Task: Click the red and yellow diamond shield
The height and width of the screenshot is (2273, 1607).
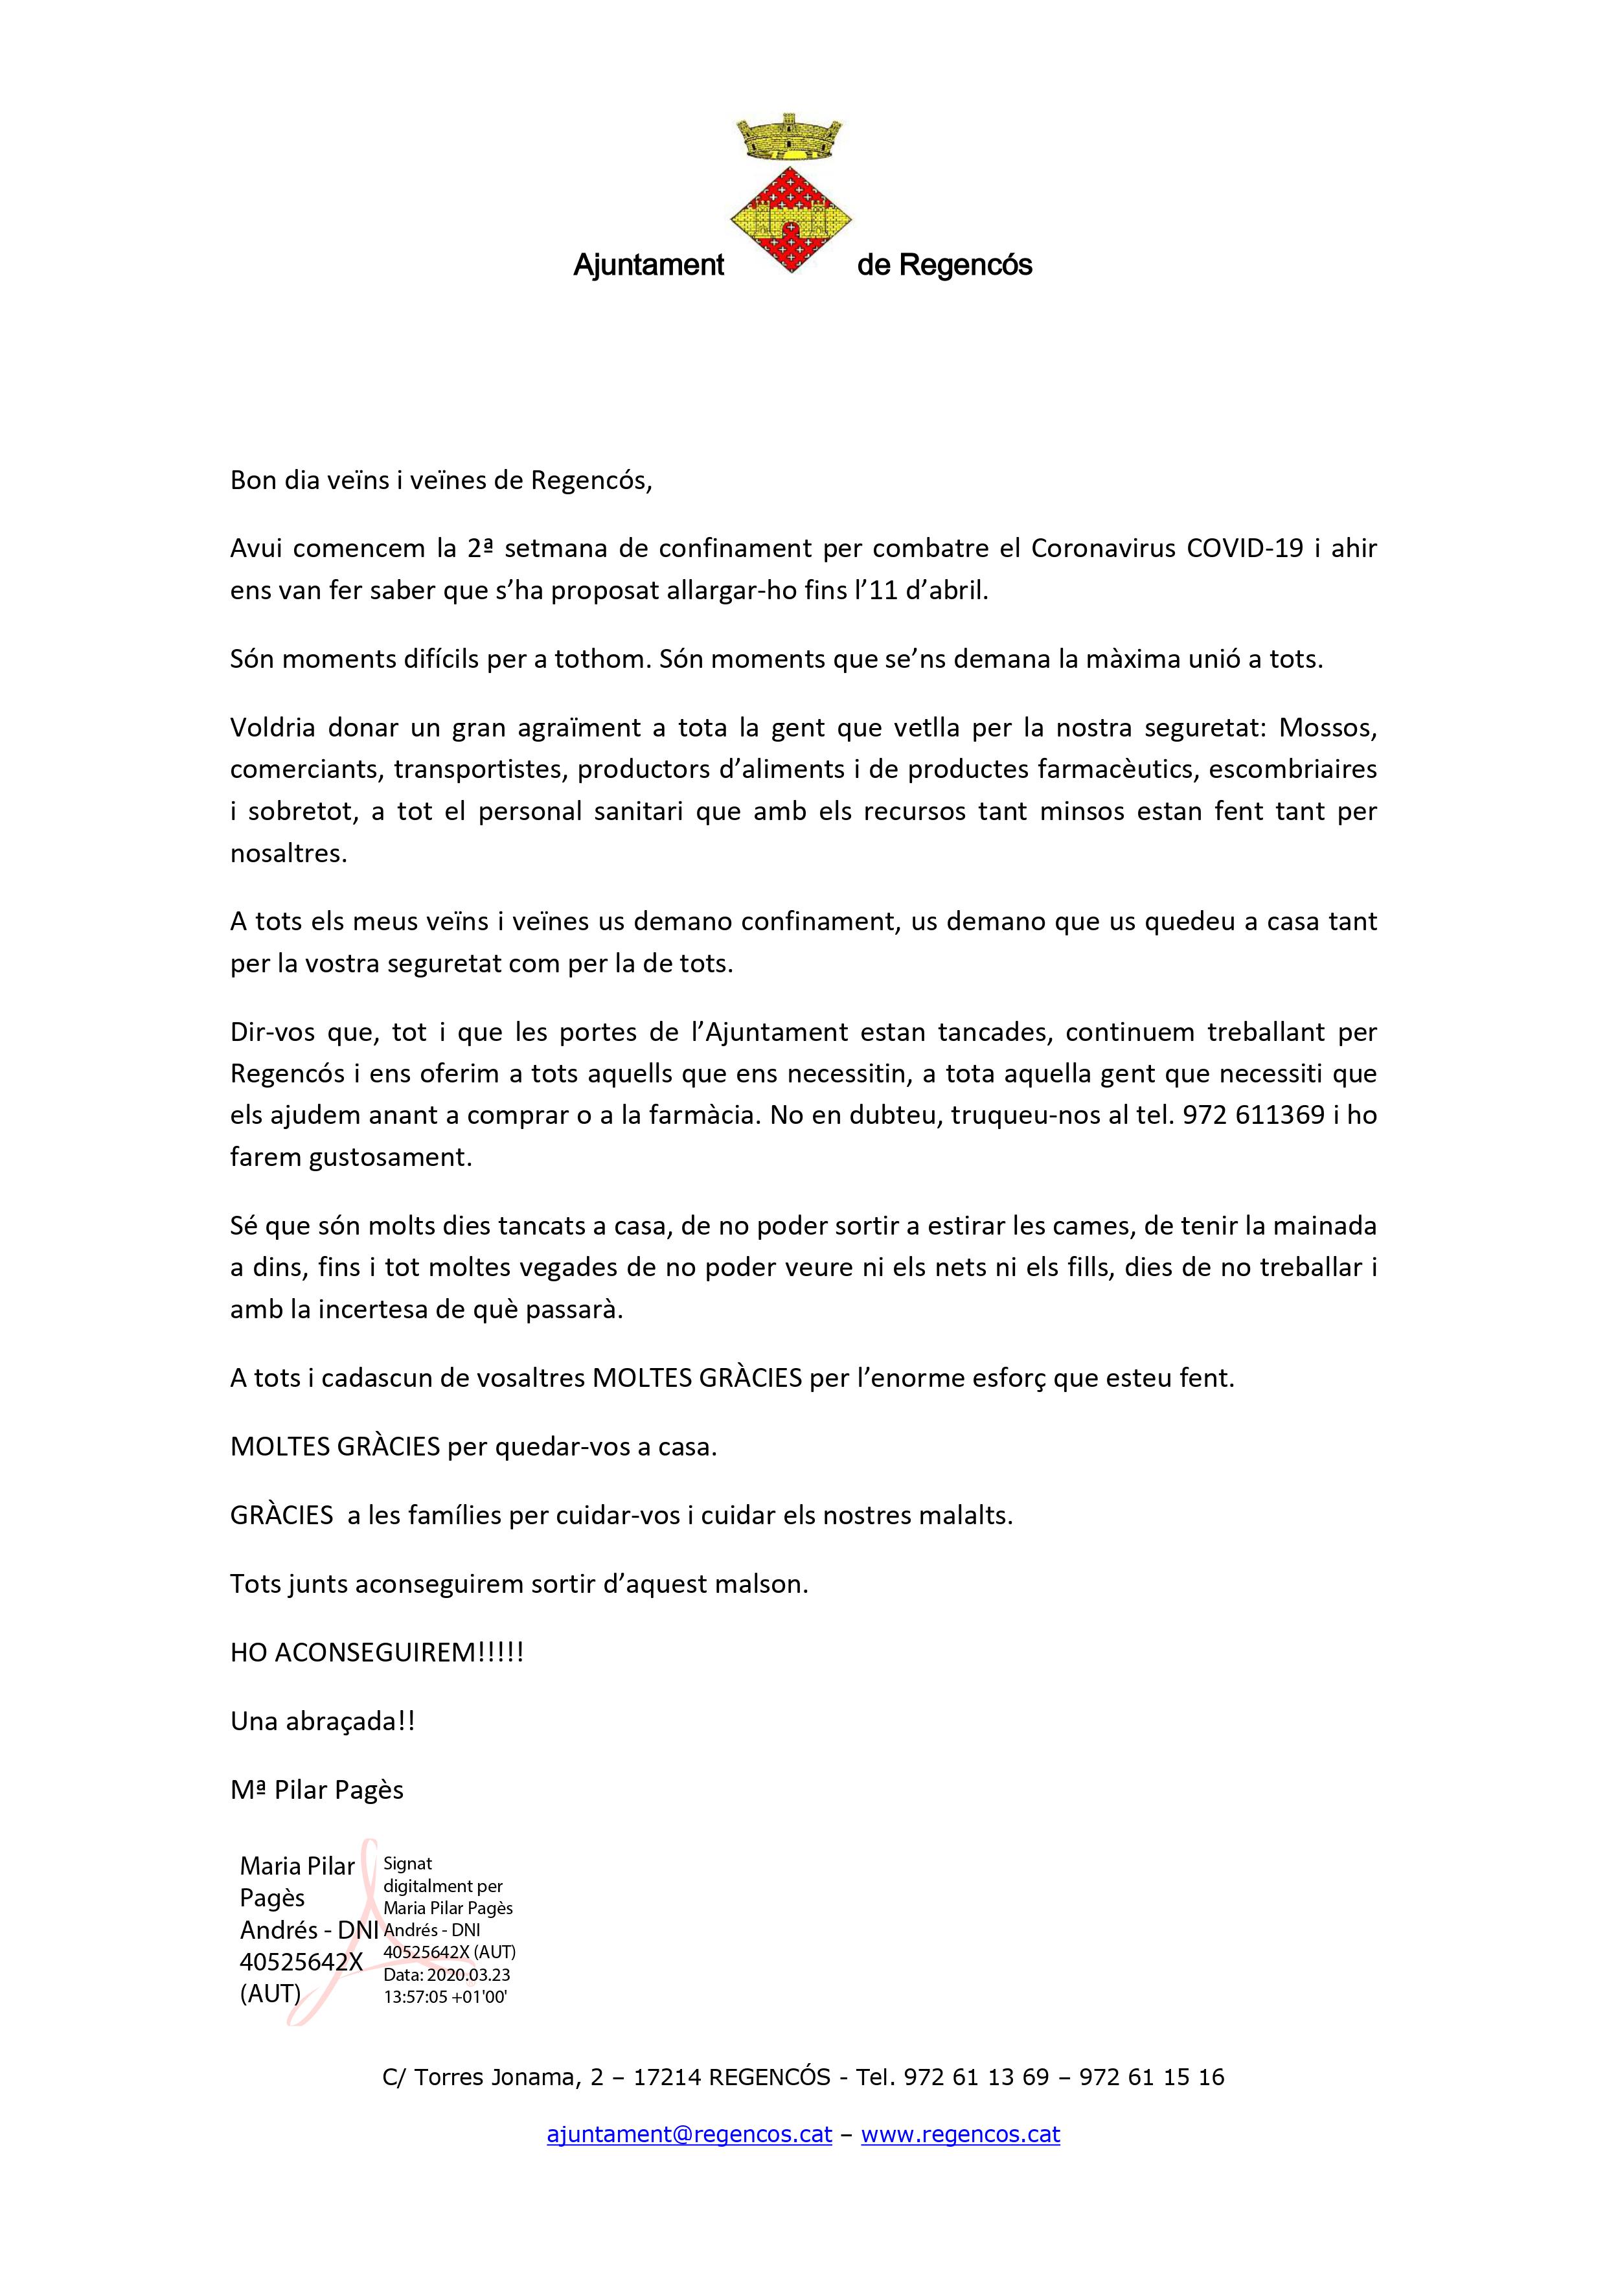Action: click(791, 220)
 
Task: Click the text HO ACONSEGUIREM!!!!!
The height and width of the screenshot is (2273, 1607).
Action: click(376, 1652)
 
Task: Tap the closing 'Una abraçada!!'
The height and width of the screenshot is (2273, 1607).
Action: click(322, 1720)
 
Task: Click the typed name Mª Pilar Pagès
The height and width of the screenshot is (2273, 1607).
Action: click(317, 1790)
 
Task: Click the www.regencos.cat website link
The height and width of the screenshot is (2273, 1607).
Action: click(961, 2134)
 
